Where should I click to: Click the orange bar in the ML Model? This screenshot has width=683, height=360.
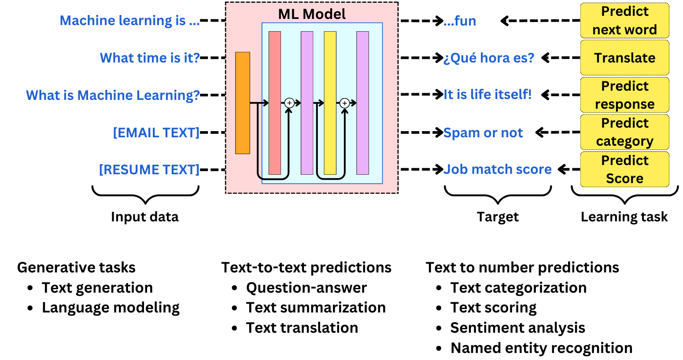click(x=243, y=103)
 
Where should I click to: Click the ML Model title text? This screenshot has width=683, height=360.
click(x=312, y=14)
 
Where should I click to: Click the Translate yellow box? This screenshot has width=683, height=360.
click(x=624, y=58)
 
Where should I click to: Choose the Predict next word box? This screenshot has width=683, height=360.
click(x=624, y=20)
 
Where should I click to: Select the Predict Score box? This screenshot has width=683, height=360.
click(x=624, y=169)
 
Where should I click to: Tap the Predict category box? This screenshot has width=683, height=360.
click(x=624, y=132)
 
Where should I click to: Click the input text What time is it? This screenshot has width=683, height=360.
click(x=150, y=58)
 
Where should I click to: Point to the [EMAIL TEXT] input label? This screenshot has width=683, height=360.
click(x=156, y=132)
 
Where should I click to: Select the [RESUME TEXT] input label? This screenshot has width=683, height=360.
click(x=149, y=169)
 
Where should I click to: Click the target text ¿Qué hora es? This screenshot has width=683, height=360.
click(x=489, y=58)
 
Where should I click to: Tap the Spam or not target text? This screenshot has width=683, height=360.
click(x=483, y=132)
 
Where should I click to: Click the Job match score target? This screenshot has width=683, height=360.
click(x=497, y=169)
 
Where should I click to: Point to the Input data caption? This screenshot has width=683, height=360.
click(x=144, y=217)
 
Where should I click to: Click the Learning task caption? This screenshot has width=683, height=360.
click(x=624, y=217)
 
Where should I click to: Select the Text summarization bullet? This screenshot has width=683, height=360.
click(x=316, y=308)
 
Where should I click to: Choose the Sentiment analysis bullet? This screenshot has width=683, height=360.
click(x=517, y=328)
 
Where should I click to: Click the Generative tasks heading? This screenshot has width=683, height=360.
click(x=76, y=268)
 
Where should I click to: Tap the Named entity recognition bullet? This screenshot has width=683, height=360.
click(x=541, y=348)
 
